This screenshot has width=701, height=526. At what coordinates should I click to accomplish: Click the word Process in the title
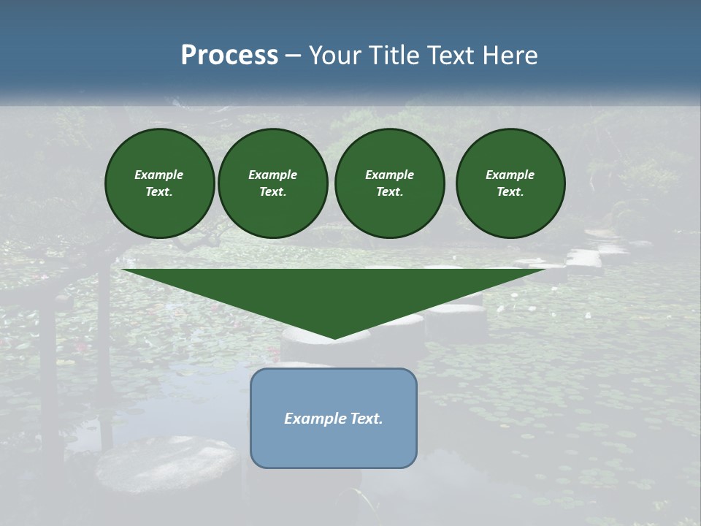tap(229, 56)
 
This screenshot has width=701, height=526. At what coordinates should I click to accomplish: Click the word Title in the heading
tap(391, 56)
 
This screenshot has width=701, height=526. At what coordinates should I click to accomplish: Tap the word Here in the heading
tap(508, 56)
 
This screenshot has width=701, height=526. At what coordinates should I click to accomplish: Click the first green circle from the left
tap(159, 183)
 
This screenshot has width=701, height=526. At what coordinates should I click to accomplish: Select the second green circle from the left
tap(272, 183)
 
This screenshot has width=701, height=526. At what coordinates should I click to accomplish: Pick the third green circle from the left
tap(389, 183)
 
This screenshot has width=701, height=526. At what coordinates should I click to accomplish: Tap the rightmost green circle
tap(510, 183)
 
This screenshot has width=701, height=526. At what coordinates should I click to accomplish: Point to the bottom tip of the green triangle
tap(334, 338)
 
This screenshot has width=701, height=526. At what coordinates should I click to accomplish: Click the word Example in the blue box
tap(315, 419)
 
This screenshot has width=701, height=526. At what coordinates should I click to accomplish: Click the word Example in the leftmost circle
tap(159, 175)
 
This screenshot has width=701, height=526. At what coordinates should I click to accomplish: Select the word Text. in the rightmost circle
tap(510, 192)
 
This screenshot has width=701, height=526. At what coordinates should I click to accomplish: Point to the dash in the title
tap(293, 56)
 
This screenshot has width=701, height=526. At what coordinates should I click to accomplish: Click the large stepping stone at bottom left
tap(168, 464)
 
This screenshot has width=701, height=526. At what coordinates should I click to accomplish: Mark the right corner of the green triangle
tap(545, 270)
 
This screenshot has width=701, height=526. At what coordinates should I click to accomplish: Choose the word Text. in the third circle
tap(389, 192)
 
